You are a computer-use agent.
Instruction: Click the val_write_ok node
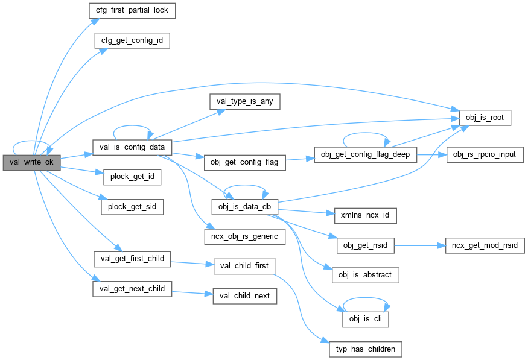coord(32,162)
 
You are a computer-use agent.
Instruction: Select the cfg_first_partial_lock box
coord(127,11)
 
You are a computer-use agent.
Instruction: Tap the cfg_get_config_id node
coord(130,41)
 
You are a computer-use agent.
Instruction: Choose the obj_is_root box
coord(485,117)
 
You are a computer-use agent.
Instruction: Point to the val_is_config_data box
coord(132,147)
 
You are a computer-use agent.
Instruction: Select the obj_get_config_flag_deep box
coord(365,154)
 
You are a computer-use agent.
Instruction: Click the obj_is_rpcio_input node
coord(481,154)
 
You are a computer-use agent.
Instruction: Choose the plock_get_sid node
coord(132,206)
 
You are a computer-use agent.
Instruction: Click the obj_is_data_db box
coord(244,207)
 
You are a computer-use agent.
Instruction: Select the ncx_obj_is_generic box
coord(244,236)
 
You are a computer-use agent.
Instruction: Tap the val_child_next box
coord(244,296)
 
